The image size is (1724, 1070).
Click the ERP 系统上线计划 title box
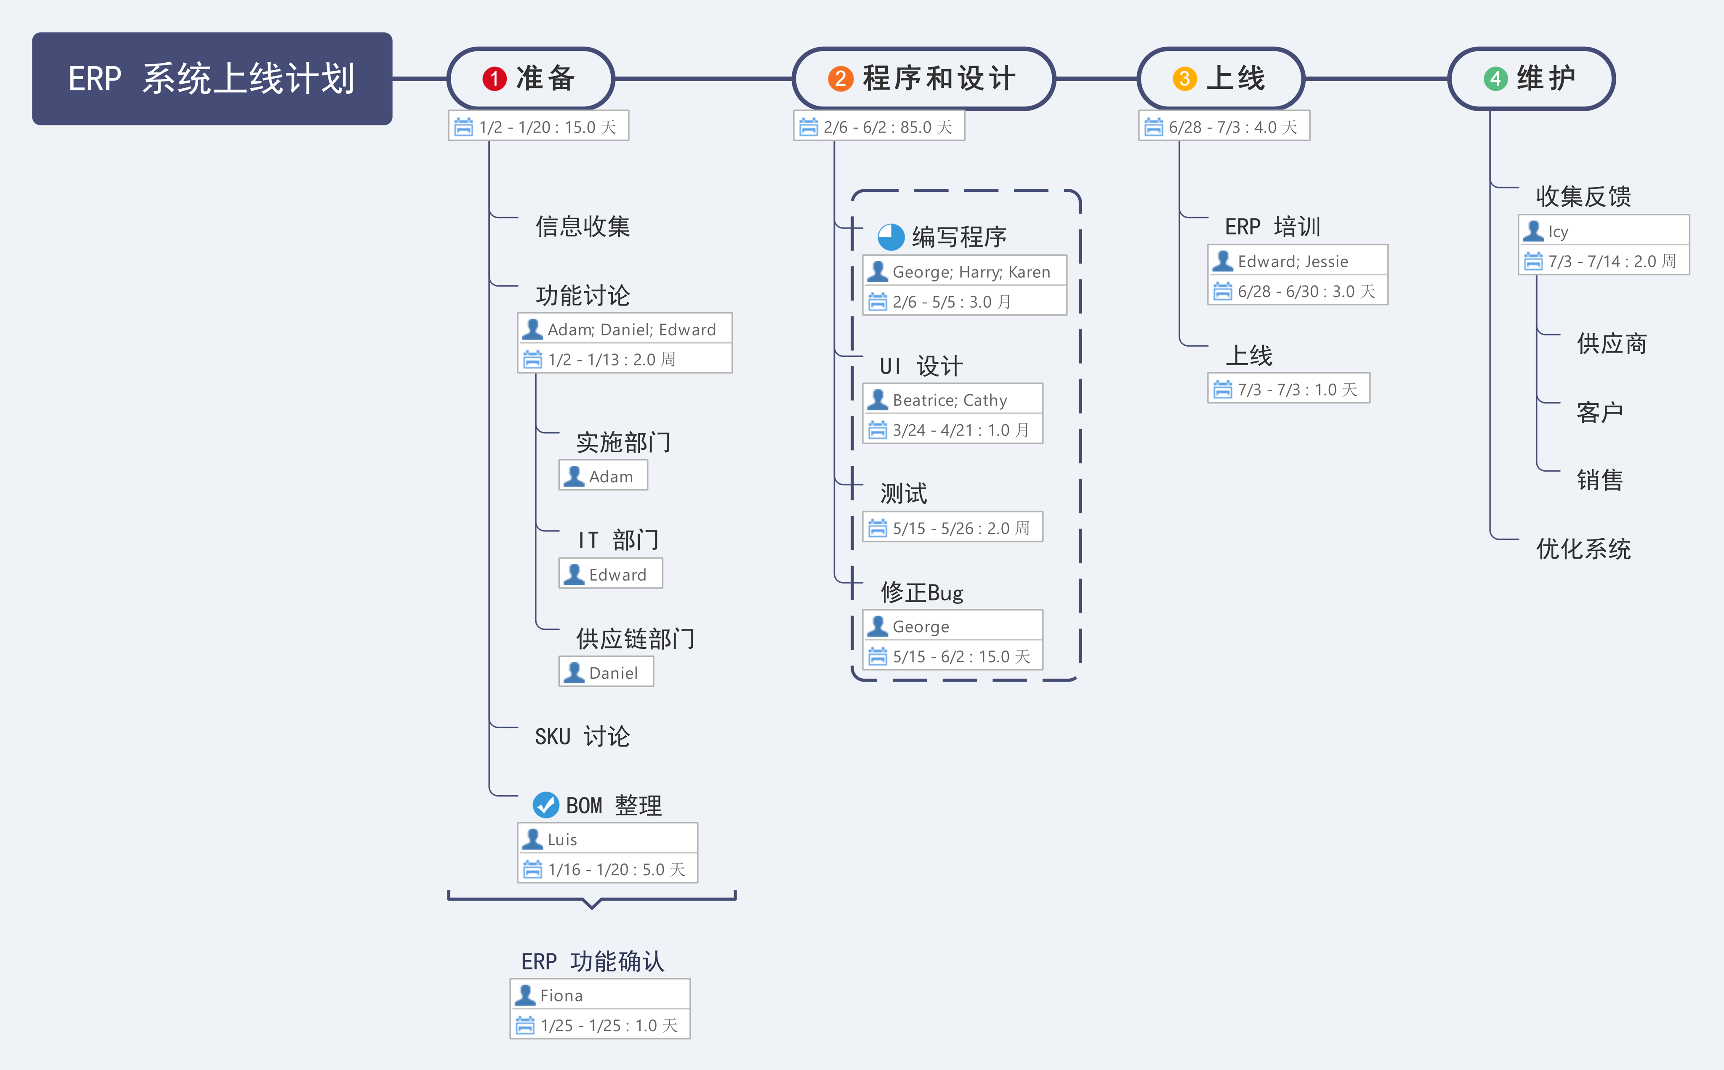click(212, 79)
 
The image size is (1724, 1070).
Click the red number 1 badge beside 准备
click(494, 79)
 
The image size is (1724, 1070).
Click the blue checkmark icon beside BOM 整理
click(545, 804)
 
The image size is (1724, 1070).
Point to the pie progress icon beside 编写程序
click(891, 237)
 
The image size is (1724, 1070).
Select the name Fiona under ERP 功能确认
click(561, 996)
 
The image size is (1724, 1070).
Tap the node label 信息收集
click(583, 226)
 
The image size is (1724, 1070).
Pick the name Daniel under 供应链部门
click(613, 673)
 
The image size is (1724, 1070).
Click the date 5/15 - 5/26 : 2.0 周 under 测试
click(960, 528)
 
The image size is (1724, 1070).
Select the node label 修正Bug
click(921, 592)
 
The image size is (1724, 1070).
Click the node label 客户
click(1599, 412)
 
